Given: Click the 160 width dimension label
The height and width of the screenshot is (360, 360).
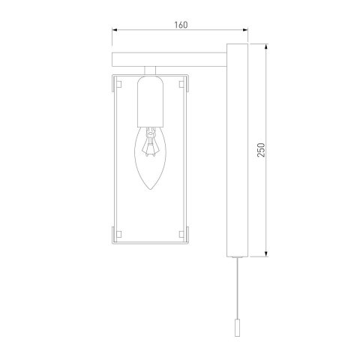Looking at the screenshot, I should tap(179, 24).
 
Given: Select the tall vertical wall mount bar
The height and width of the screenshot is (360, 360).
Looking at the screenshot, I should tap(235, 150).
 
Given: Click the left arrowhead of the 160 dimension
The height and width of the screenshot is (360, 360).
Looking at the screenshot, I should tap(115, 31).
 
